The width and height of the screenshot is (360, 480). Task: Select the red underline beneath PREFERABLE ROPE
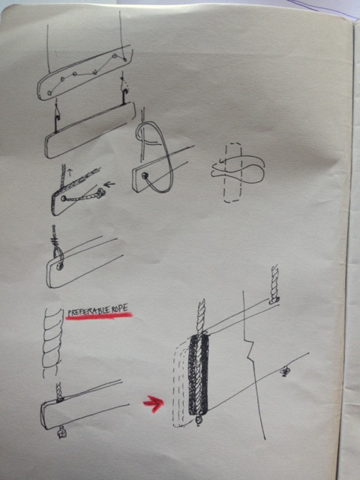[x=99, y=316]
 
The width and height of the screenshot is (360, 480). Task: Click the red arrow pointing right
[x=153, y=403]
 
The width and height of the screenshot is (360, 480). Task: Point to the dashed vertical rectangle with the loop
[x=233, y=173]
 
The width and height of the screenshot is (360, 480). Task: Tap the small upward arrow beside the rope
[x=69, y=171]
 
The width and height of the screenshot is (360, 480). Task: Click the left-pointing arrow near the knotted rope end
[x=109, y=184]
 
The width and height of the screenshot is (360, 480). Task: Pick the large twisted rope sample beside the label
[x=51, y=343]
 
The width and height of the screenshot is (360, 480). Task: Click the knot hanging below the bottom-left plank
[x=61, y=433]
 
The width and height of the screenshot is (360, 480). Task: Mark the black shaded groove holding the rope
[x=198, y=375]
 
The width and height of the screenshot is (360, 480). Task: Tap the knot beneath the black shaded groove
[x=199, y=420]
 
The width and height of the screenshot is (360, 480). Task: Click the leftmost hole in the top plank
[x=49, y=93]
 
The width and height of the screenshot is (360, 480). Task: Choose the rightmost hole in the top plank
[x=125, y=60]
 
